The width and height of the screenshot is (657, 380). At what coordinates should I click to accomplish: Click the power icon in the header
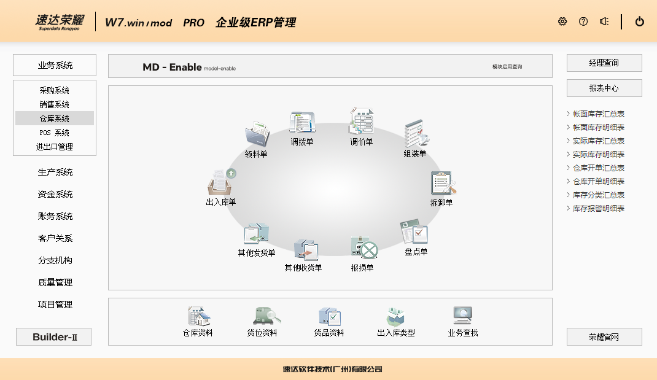coord(639,21)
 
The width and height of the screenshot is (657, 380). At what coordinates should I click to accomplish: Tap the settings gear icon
coord(562,21)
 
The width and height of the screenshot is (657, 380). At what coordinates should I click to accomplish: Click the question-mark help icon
coord(583,21)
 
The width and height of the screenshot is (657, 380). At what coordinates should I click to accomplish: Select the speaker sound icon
coord(604,21)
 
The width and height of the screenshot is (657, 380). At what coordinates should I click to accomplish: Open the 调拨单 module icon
coord(302,123)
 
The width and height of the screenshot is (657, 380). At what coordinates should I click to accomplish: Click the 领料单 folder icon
coord(257,134)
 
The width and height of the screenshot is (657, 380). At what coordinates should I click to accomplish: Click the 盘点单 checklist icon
coord(414,231)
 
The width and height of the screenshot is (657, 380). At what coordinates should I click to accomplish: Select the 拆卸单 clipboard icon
coord(443,183)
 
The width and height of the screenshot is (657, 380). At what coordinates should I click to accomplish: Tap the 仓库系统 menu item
coord(55,118)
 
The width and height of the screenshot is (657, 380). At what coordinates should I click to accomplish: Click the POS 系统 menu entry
coord(55,133)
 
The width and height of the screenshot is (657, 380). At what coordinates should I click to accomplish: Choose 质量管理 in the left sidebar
coord(55,282)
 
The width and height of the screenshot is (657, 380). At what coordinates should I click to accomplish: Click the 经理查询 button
coord(604,63)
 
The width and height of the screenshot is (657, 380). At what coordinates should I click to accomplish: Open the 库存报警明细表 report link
coord(598,209)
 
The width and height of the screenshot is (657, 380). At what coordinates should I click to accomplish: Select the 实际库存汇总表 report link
coord(598,141)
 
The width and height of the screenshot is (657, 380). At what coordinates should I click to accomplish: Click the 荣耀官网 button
coord(604,337)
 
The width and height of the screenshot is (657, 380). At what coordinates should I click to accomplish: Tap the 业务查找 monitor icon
coord(462,316)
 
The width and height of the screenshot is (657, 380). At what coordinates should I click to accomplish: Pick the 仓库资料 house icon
coord(198,316)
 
